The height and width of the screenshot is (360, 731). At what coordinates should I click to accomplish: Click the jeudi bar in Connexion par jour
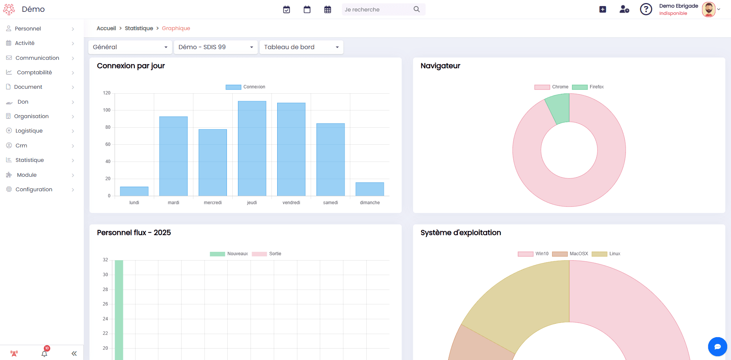pyautogui.click(x=252, y=149)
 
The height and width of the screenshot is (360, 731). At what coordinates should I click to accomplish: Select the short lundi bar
pyautogui.click(x=134, y=191)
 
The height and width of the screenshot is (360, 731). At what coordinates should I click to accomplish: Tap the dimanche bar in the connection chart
pyautogui.click(x=370, y=189)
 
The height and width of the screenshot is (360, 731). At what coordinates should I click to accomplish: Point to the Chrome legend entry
pyautogui.click(x=551, y=87)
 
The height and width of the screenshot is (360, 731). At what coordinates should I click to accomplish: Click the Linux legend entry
pyautogui.click(x=606, y=254)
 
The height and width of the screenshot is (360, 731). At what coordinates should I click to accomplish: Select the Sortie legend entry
pyautogui.click(x=267, y=254)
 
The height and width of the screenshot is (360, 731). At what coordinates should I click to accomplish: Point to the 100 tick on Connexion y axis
pyautogui.click(x=107, y=110)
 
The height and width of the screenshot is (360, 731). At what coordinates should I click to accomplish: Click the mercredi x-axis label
pyautogui.click(x=213, y=203)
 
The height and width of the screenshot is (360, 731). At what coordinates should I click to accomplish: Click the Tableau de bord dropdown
pyautogui.click(x=302, y=47)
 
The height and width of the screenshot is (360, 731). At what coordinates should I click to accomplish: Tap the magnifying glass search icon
pyautogui.click(x=417, y=9)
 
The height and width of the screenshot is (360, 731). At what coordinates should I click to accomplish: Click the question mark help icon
pyautogui.click(x=646, y=9)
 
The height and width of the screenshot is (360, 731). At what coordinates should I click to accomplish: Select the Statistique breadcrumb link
pyautogui.click(x=139, y=28)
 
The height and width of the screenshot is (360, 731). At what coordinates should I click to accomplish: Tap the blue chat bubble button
pyautogui.click(x=718, y=347)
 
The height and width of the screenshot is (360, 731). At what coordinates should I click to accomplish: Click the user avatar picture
pyautogui.click(x=709, y=10)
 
